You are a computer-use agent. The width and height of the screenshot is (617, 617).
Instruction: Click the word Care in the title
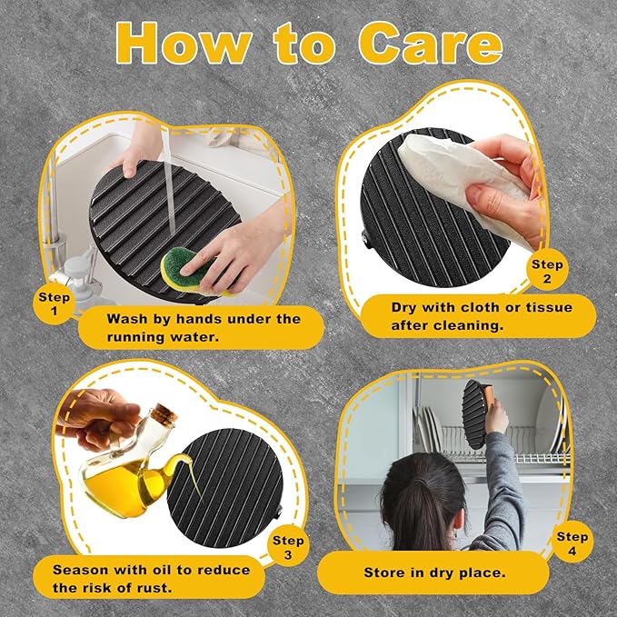coord(431,43)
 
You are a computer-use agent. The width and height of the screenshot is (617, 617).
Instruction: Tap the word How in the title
coord(184,43)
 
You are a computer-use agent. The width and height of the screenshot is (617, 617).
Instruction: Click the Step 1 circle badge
coord(54,304)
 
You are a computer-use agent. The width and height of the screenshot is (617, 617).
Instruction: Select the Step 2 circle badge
coord(547,271)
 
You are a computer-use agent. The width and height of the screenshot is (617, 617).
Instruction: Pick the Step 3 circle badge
coord(288,547)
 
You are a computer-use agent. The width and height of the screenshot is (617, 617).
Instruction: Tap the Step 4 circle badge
coord(572,543)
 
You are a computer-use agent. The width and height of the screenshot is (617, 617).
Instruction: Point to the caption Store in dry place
coord(434,572)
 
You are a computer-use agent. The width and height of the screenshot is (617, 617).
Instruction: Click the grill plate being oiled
coord(225,488)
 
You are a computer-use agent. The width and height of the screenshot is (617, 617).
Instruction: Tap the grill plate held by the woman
coord(475,414)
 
